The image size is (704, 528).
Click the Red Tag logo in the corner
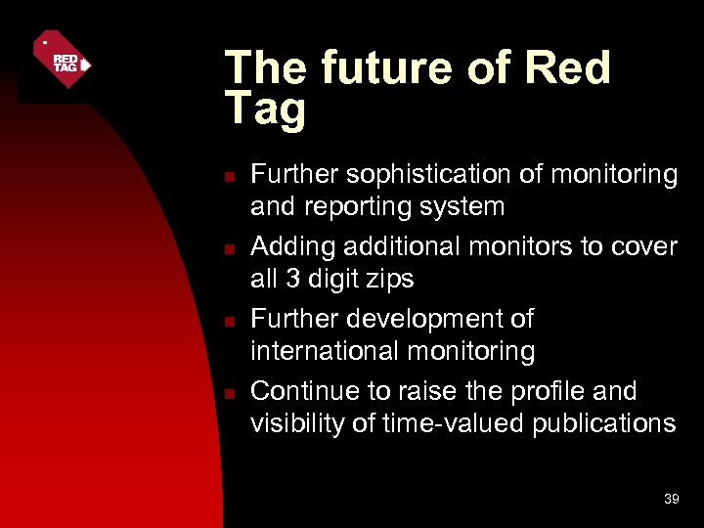tap(62, 60)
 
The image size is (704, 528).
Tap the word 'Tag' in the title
tap(265, 110)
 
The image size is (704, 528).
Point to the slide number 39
tap(671, 499)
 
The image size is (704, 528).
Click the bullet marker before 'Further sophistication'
tap(228, 177)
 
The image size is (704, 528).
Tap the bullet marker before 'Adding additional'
tap(228, 249)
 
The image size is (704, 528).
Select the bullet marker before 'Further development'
tap(228, 322)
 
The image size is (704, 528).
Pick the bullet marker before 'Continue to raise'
tap(228, 394)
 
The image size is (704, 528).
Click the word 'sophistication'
tap(424, 175)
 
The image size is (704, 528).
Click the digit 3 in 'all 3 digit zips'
tap(292, 279)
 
